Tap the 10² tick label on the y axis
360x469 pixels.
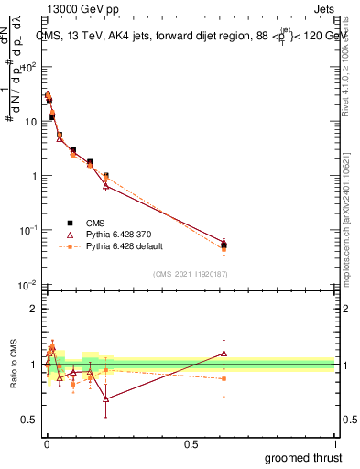point(29,67)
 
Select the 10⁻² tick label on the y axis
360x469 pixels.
point(29,284)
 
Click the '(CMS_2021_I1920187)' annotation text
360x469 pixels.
point(191,273)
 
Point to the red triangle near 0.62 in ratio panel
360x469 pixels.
point(224,354)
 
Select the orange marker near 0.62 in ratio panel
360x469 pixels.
point(224,378)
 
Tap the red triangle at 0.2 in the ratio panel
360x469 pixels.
point(106,399)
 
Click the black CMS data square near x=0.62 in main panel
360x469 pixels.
point(224,245)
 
